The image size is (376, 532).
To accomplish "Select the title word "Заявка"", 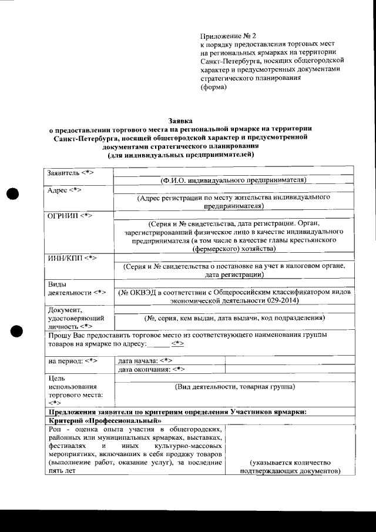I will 180,120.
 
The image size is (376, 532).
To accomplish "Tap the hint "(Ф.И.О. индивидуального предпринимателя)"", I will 234,180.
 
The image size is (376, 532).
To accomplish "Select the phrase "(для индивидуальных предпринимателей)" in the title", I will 180,155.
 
